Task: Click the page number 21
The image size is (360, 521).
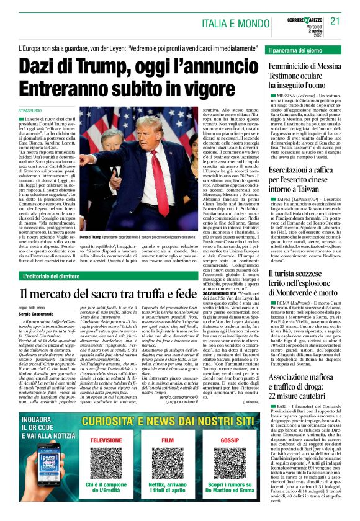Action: pos(336,21)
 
